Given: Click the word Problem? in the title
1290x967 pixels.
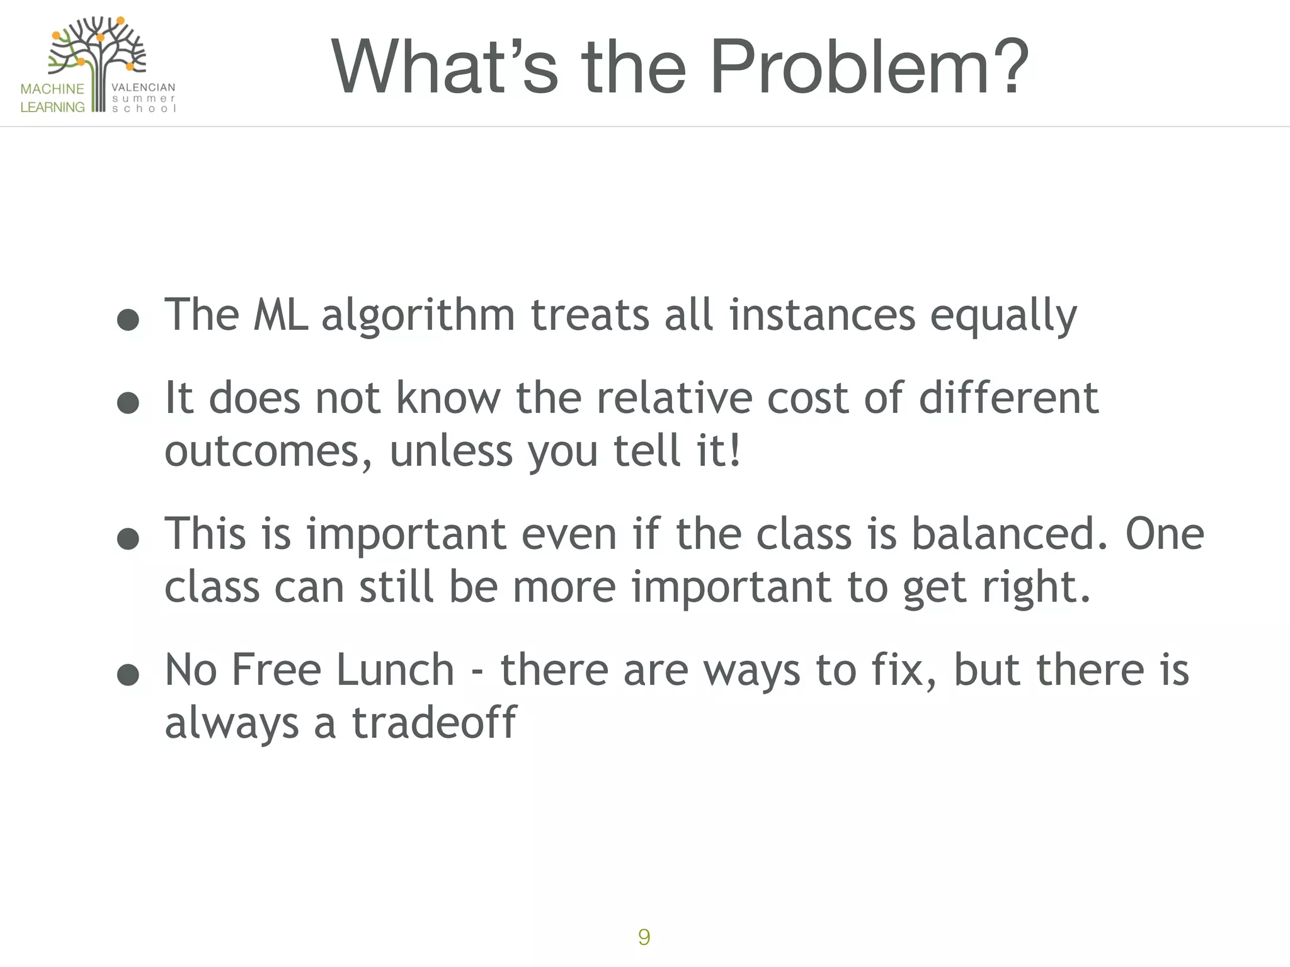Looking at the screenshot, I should point(869,67).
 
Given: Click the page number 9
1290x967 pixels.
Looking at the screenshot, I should point(644,937).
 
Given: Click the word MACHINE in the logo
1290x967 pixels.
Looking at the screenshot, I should point(52,89).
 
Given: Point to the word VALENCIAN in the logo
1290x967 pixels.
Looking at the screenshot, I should point(143,88).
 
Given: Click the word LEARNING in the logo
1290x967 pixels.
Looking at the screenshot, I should point(52,107).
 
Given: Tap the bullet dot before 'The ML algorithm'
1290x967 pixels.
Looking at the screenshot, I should point(128,319).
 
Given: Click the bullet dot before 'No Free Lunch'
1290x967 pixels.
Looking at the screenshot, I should point(128,674).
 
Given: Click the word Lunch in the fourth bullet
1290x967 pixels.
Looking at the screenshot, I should point(395,670).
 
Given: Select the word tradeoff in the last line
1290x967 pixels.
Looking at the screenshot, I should point(434,723).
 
